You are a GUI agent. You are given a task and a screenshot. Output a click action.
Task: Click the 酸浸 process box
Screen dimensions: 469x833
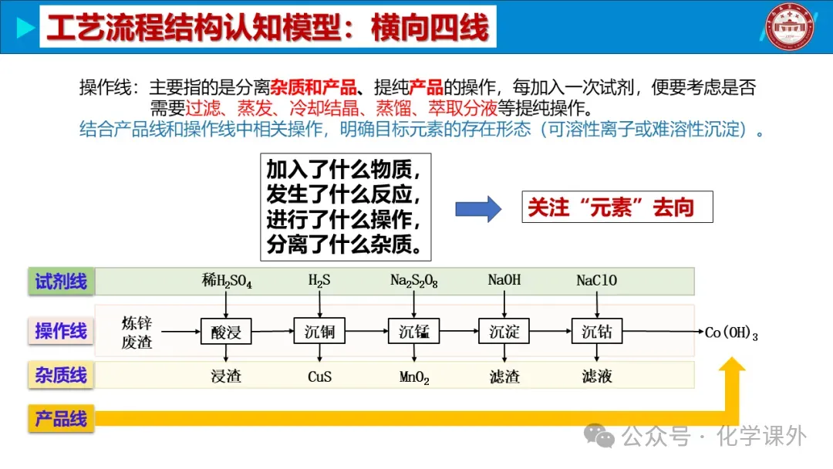226,332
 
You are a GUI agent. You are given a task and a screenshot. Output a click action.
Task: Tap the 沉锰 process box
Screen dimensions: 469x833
413,332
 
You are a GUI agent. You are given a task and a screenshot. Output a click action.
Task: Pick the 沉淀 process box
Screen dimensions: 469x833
504,332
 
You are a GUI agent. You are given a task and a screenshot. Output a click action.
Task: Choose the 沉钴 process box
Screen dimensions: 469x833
596,332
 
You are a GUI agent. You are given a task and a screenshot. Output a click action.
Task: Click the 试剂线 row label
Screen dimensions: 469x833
61,282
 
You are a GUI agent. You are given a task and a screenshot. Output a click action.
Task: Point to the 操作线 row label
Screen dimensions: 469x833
61,332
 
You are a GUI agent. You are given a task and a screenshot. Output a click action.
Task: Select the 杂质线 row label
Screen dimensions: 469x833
61,376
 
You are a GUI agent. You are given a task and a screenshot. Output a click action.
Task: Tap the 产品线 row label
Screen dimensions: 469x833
61,419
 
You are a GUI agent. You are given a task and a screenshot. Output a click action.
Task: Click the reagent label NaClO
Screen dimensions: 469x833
596,281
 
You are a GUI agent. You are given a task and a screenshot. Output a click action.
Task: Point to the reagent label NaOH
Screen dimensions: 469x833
504,280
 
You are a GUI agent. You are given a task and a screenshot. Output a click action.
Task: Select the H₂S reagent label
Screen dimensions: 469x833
319,281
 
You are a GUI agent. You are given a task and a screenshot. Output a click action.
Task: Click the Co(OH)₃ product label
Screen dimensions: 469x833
731,333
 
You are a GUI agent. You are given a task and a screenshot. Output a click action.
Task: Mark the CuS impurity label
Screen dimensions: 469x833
319,376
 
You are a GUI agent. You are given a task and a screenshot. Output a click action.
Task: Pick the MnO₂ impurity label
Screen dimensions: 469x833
414,377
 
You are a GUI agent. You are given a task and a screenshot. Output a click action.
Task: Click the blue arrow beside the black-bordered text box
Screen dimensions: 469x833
478,208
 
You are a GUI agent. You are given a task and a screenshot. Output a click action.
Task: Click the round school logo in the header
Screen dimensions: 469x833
790,28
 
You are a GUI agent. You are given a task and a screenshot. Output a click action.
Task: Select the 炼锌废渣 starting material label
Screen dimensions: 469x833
137,332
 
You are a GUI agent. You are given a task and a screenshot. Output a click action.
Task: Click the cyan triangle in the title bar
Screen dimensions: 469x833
25,29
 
